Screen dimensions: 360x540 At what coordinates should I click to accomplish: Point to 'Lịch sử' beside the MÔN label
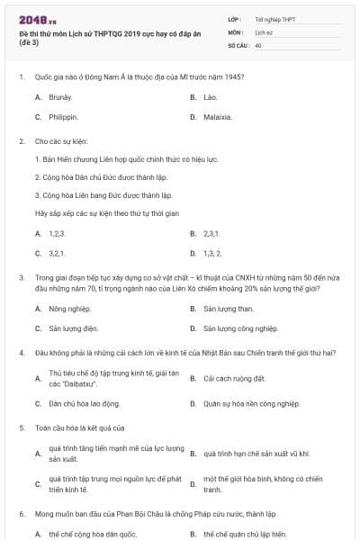(x=262, y=31)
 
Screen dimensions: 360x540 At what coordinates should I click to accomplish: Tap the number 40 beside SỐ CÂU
(x=258, y=44)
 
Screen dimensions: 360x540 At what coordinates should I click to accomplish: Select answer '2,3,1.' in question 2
(x=211, y=232)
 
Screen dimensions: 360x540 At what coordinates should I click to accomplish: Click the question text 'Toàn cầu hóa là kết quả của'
(x=79, y=427)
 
